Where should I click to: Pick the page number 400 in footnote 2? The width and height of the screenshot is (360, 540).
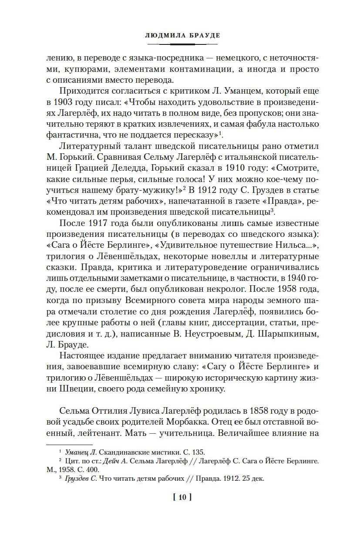pyautogui.click(x=94, y=470)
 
